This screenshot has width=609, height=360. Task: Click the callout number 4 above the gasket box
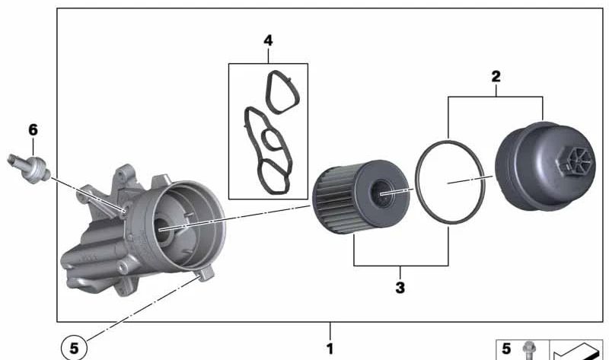(268, 40)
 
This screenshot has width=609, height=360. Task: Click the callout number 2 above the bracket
(496, 77)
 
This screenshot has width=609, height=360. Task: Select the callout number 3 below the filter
(400, 288)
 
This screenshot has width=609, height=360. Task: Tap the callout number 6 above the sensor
(33, 129)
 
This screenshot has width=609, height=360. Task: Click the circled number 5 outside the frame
(74, 348)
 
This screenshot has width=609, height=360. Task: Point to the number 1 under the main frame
(330, 349)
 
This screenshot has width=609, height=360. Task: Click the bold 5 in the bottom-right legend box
(506, 349)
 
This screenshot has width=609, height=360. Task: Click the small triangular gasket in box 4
(282, 92)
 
